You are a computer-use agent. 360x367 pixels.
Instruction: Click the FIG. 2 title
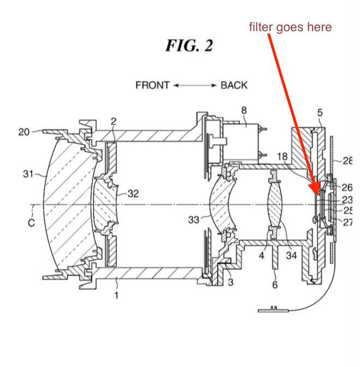point(189,45)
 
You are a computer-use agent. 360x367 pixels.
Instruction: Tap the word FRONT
point(152,85)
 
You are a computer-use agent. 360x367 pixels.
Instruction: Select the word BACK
point(234,85)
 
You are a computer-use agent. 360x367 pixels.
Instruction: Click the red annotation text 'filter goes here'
point(290,27)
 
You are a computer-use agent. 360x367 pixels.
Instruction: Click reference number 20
point(24,132)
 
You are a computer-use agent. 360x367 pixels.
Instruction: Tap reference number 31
point(28,174)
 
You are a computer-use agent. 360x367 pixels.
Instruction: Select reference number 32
point(133,193)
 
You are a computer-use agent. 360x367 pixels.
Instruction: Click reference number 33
point(194,220)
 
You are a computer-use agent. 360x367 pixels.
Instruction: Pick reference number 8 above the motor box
point(244,110)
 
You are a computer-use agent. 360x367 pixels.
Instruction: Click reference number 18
point(282,156)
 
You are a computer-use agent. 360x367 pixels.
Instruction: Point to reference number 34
point(291,256)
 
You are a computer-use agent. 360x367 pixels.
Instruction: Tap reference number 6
point(275,285)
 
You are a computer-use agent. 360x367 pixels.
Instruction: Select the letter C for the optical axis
point(31,223)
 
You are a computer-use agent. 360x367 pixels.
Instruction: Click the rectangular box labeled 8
point(241,142)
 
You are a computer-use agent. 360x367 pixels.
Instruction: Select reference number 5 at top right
point(320,113)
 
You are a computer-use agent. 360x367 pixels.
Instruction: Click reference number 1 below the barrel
point(116,295)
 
